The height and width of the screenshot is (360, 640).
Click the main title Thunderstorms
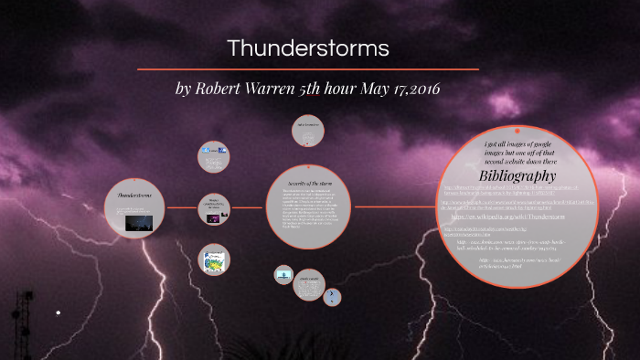pos(307,47)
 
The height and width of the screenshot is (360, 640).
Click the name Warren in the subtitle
pos(268,90)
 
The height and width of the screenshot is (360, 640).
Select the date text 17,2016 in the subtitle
pos(414,90)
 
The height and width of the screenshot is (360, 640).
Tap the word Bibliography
pos(517,175)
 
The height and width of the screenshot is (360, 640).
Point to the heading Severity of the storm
pos(307,185)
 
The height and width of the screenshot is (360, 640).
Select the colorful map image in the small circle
pos(213,259)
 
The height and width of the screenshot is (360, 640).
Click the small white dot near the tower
pos(59,313)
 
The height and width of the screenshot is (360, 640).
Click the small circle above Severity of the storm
pos(307,130)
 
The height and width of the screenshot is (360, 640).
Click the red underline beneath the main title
pos(307,69)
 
